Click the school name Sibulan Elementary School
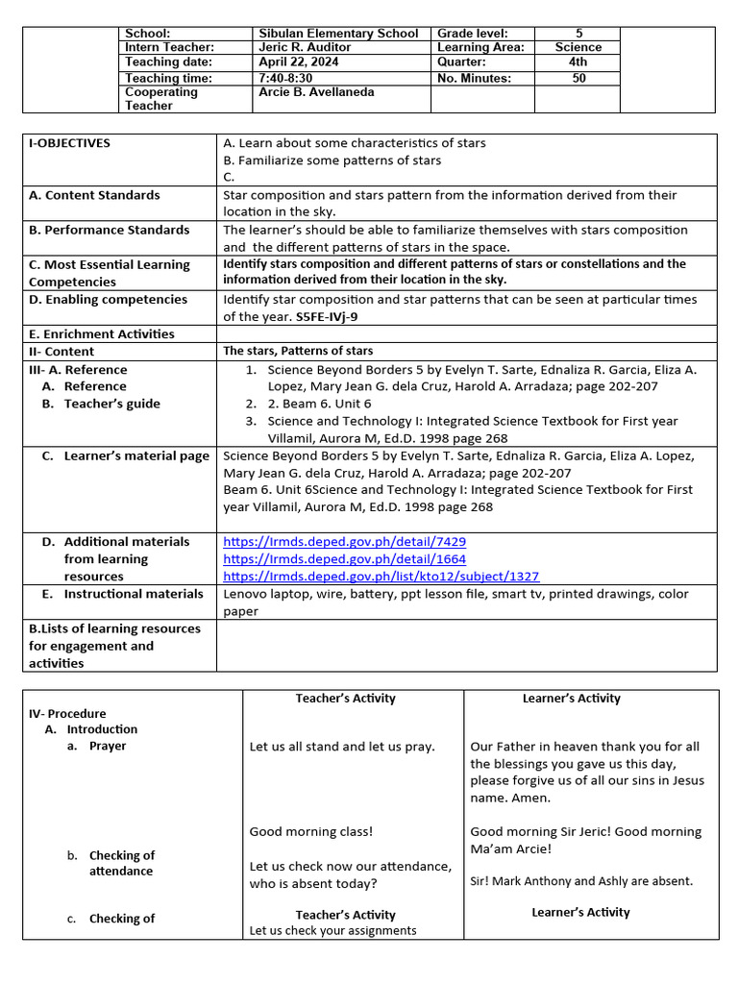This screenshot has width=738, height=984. tap(338, 34)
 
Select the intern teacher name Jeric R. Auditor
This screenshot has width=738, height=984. tap(305, 47)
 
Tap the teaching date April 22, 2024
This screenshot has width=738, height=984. tap(299, 61)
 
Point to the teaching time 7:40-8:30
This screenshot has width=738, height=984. tap(286, 79)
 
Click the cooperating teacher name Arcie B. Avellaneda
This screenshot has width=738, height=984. tap(316, 92)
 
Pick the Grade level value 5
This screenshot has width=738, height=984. tap(578, 34)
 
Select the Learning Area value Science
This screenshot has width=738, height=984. tap(578, 47)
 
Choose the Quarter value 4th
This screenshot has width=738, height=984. tap(578, 61)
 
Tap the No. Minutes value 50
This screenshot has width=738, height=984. tap(578, 79)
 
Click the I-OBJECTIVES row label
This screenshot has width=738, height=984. tap(69, 143)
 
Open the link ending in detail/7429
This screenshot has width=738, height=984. tap(344, 542)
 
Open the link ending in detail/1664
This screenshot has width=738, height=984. tap(344, 559)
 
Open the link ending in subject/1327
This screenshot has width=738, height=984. tap(381, 577)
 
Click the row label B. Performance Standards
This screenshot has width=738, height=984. tap(109, 231)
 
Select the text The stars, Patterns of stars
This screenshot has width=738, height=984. tap(298, 352)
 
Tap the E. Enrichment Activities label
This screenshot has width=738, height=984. tap(102, 334)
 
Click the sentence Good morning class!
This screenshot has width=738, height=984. tap(310, 832)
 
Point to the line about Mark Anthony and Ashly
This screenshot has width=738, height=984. tap(581, 881)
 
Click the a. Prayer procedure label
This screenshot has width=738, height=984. tap(107, 747)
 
